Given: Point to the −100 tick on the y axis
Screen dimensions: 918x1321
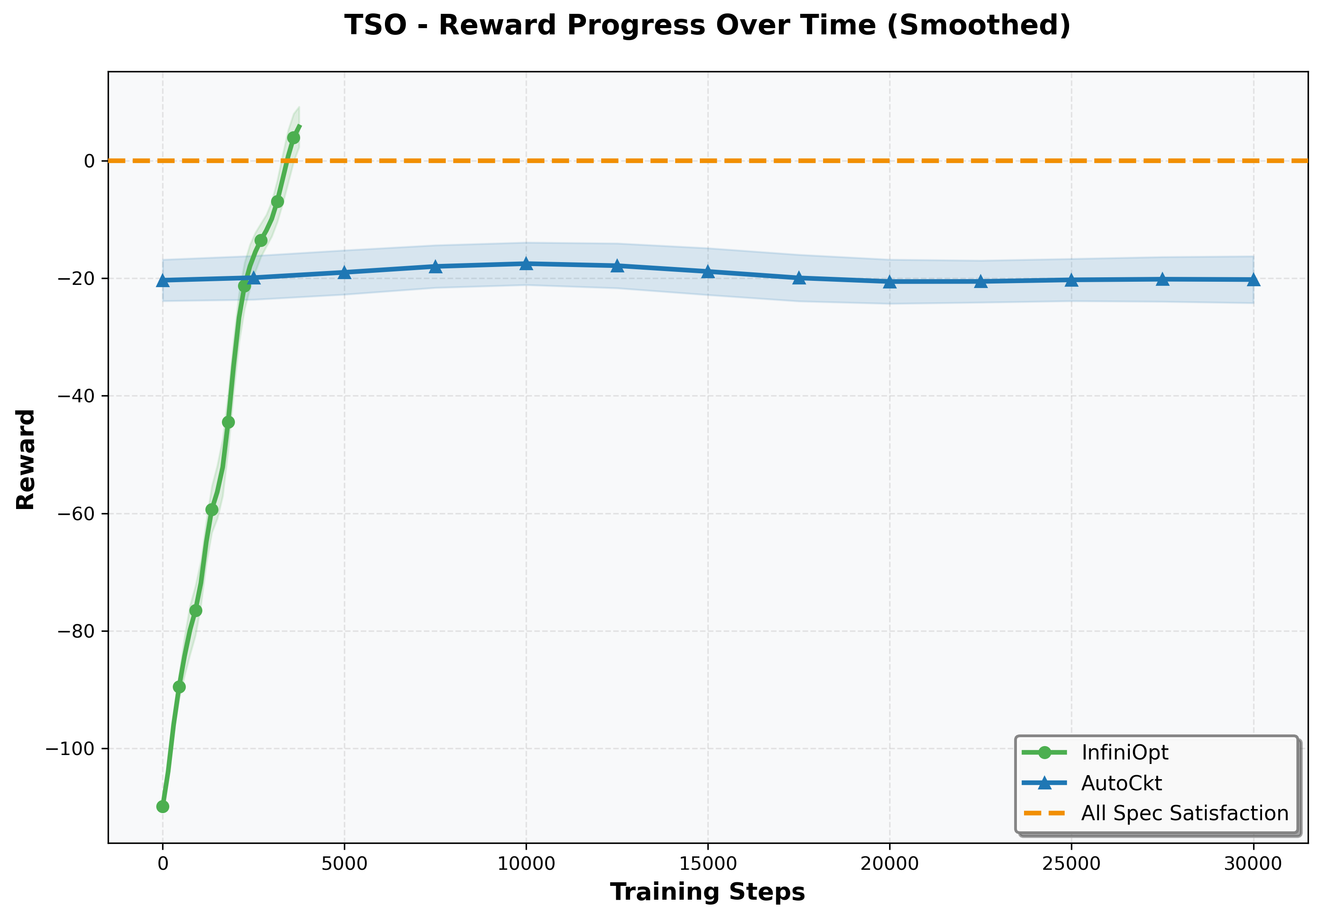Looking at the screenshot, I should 70,749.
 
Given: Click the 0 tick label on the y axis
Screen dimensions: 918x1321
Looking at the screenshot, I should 89,161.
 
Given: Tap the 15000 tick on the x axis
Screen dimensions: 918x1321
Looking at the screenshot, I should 708,864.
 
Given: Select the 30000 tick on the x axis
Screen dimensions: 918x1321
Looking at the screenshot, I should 1253,864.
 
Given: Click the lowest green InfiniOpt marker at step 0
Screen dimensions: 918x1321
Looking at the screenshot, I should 163,807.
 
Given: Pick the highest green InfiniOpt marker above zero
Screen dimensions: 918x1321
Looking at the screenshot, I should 293,138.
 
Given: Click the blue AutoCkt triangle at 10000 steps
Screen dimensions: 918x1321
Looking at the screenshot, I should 526,264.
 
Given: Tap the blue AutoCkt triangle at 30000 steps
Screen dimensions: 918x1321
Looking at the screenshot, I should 1253,280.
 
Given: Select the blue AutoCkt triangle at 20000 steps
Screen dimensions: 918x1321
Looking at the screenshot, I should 890,282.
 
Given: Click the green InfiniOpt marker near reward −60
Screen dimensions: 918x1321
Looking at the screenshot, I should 212,509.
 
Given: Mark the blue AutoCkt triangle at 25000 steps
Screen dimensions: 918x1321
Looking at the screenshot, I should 1071,280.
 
